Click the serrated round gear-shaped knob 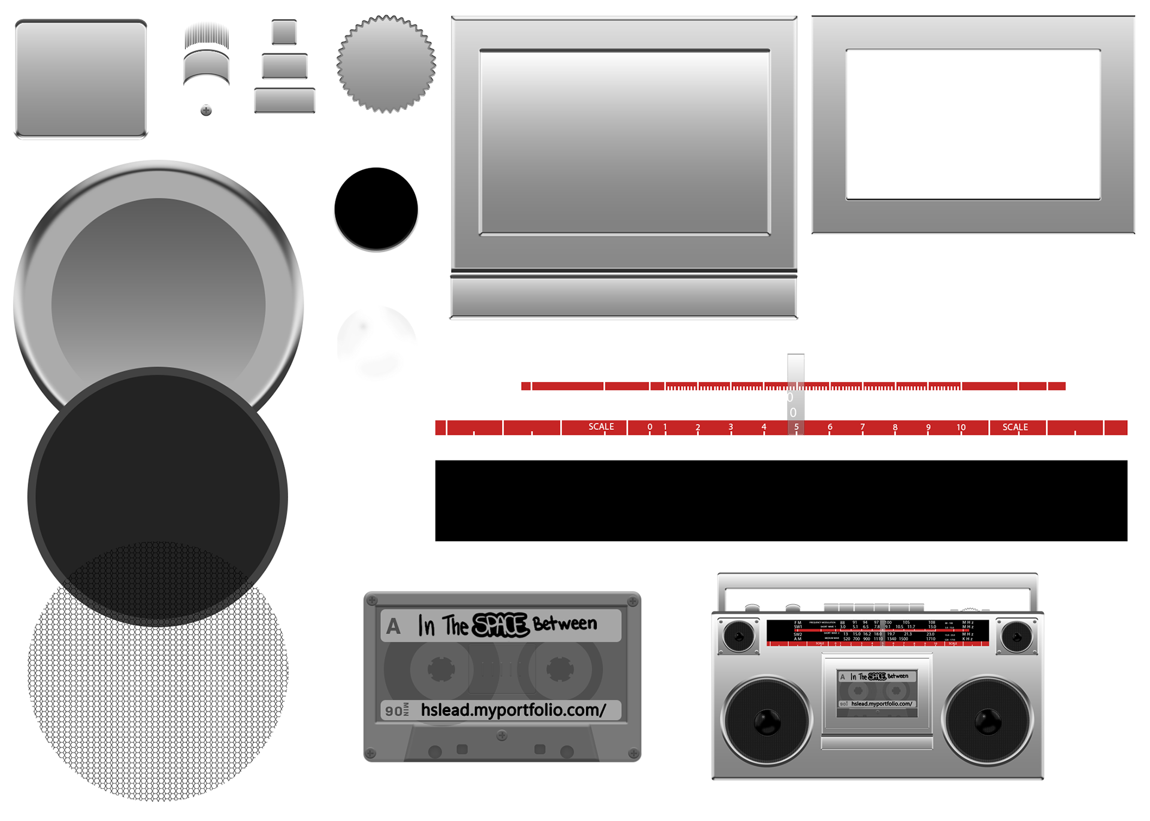pos(386,64)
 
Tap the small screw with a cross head pos(206,110)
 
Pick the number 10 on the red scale pos(961,428)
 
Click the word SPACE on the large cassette pos(501,625)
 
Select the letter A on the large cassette pos(393,626)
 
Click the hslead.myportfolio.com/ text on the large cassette pos(513,710)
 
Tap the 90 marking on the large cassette pos(394,711)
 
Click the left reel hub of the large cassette pos(441,669)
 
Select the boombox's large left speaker pos(767,721)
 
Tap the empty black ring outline pos(376,208)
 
